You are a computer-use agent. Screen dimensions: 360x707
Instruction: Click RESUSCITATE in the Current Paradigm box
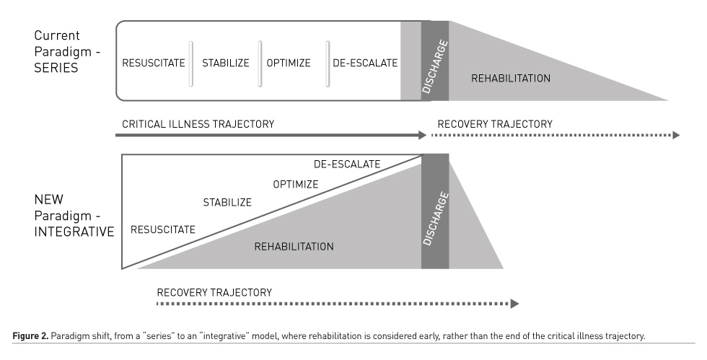coord(154,63)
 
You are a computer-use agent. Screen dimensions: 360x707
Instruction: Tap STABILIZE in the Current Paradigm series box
coord(225,63)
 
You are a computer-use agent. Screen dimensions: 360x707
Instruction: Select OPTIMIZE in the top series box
coord(289,63)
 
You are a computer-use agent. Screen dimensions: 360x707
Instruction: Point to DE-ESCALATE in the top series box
coord(365,63)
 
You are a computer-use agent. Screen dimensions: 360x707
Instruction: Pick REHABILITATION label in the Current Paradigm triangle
coord(511,78)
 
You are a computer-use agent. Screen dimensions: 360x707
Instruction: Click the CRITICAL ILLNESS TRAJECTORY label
coord(198,124)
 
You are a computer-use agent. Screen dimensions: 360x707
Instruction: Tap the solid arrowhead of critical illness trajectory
coord(423,135)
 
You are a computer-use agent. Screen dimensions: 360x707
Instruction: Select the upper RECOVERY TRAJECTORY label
coord(495,124)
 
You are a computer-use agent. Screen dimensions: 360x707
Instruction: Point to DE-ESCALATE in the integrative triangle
coord(347,164)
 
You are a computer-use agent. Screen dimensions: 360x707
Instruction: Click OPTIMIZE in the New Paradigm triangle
coord(296,184)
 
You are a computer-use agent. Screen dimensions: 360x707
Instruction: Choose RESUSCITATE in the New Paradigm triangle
coord(163,229)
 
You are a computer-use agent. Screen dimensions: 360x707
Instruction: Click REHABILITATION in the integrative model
coord(294,246)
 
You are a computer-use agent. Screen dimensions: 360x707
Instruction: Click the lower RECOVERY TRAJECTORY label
coord(214,292)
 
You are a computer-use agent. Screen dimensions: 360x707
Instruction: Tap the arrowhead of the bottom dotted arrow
coord(514,304)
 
